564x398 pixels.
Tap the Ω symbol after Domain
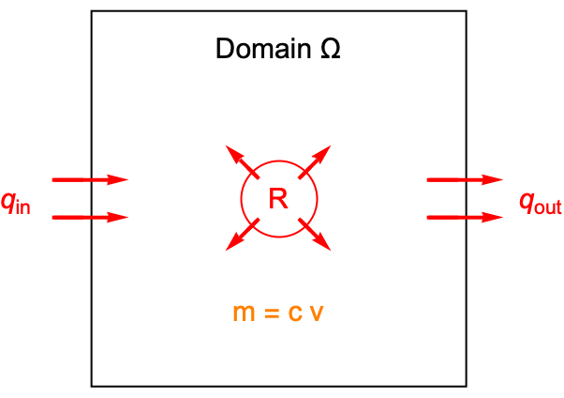[x=327, y=49]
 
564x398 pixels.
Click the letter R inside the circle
[x=279, y=198]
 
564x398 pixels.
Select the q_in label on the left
[x=16, y=202]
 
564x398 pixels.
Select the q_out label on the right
[x=541, y=202]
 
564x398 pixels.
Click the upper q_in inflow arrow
[x=89, y=179]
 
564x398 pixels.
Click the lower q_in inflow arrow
[x=89, y=218]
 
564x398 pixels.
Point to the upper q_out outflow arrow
[x=464, y=179]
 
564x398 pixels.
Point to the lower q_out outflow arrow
[x=464, y=218]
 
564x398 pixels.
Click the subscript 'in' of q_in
[x=22, y=207]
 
